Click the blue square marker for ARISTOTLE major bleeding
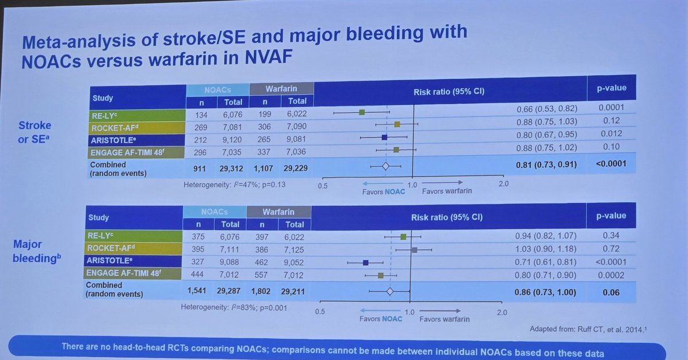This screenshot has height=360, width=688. click(365, 263)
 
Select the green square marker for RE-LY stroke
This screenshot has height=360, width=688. click(362, 112)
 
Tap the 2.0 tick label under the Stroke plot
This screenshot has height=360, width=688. click(503, 184)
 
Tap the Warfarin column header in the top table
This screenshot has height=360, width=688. click(281, 89)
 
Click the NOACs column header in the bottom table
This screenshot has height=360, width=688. click(215, 211)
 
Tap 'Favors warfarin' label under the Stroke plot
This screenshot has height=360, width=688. click(447, 191)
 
